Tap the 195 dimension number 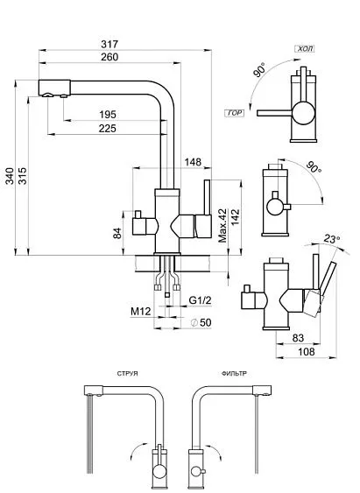click(108, 115)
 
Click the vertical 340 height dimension click(10, 179)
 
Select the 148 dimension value click(194, 161)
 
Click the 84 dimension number click(116, 232)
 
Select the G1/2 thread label click(200, 299)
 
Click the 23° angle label click(329, 237)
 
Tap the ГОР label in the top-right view click(234, 114)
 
